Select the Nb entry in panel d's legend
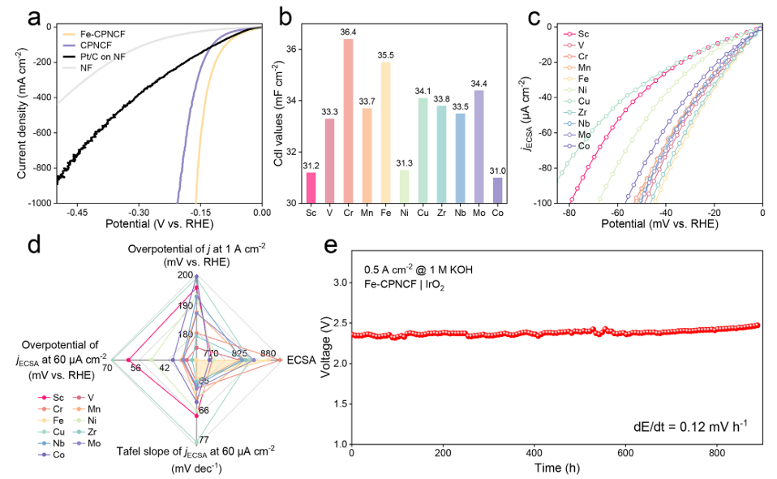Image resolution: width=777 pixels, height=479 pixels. click(57, 444)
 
